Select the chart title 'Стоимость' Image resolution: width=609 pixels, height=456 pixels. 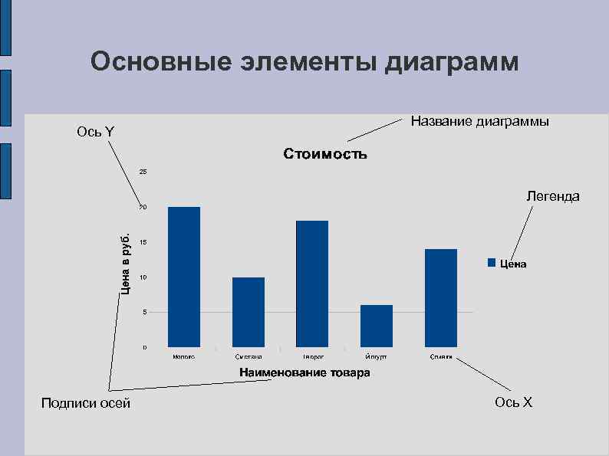click(325, 154)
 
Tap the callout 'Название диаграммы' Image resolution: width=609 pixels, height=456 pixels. click(479, 121)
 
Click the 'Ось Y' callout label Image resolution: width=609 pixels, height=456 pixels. click(96, 132)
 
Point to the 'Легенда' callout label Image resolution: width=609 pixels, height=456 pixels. click(552, 196)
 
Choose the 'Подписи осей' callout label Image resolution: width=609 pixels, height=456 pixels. click(86, 403)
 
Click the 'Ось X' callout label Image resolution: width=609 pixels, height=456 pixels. click(513, 402)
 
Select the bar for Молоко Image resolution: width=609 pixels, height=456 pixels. click(184, 277)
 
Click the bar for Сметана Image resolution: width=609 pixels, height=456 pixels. click(249, 312)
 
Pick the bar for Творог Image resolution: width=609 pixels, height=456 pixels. click(312, 284)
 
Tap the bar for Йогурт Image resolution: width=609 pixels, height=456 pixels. click(377, 326)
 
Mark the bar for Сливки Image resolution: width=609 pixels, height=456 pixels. click(441, 297)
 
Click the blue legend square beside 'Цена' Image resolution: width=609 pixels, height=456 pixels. click(492, 263)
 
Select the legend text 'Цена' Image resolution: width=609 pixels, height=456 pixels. click(513, 264)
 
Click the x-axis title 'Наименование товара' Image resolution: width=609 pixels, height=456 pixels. click(304, 373)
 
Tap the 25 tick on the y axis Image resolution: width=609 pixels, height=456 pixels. click(143, 171)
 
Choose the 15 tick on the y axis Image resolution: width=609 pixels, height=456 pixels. click(143, 242)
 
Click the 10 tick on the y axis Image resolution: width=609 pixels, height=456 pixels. click(143, 277)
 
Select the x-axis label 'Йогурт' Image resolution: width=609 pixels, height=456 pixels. click(377, 357)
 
